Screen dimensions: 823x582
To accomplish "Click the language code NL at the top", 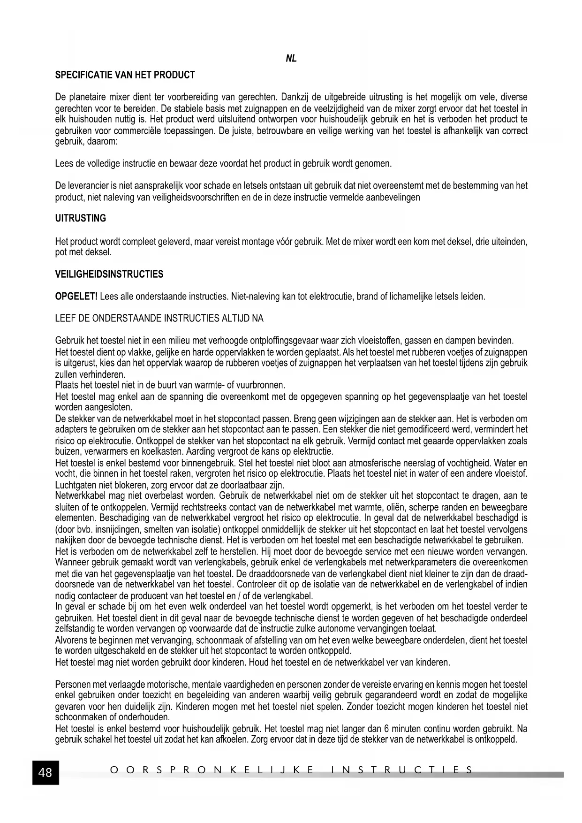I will click(291, 59).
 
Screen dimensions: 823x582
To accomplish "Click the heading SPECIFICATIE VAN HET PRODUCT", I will click(125, 75).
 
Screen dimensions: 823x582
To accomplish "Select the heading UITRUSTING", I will click(81, 218).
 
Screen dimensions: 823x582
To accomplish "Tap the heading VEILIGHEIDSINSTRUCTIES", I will click(109, 274).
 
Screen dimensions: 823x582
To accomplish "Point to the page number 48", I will click(45, 772).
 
